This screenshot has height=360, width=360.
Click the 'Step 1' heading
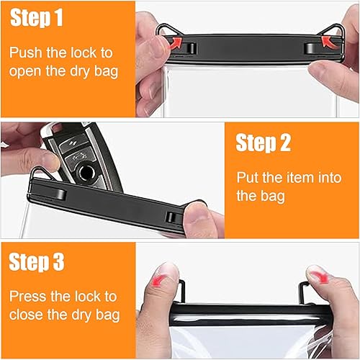click(45, 18)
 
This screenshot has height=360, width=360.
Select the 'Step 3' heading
click(45, 261)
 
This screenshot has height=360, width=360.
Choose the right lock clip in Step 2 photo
click(173, 217)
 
